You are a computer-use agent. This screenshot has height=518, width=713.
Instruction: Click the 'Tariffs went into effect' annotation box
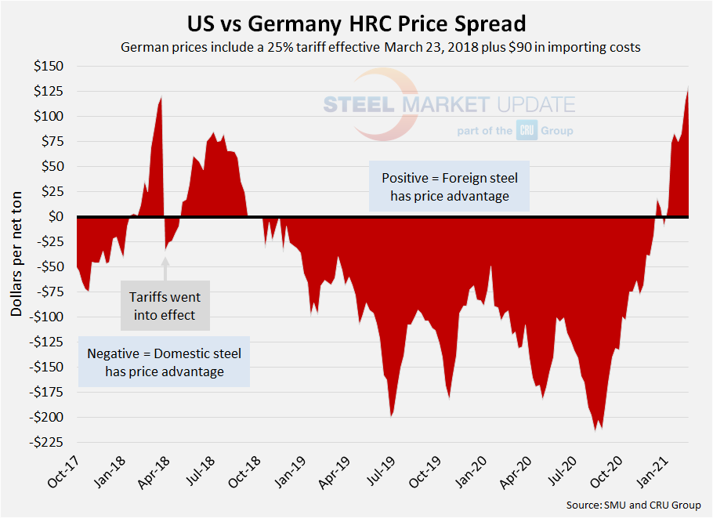coord(165,306)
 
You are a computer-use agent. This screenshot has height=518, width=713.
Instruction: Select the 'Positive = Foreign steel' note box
coord(450,187)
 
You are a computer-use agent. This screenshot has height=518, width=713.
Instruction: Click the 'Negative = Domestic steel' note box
coord(165,362)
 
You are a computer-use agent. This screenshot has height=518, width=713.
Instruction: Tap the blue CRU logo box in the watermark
coord(526,130)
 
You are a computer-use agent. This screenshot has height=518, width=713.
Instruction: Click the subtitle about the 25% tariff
coord(381,47)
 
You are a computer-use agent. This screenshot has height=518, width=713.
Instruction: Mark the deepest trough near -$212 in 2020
coord(598,429)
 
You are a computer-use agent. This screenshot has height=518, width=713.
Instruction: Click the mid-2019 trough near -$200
coord(392,415)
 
